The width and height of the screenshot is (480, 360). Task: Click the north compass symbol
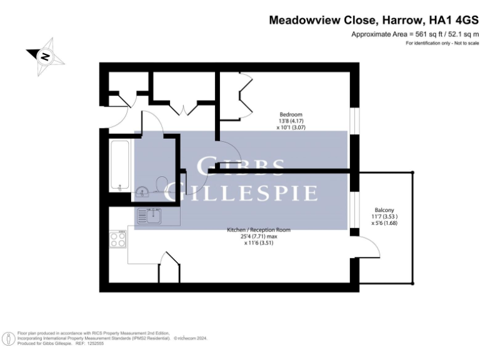click(45, 55)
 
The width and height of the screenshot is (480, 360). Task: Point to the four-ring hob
click(118, 240)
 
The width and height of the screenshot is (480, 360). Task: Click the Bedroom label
click(291, 114)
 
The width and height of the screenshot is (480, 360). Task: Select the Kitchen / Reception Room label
click(259, 230)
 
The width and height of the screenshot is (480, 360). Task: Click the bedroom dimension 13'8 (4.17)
click(291, 121)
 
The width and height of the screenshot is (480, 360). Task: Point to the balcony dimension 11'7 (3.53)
click(384, 216)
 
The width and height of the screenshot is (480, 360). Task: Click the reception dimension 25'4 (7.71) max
click(259, 237)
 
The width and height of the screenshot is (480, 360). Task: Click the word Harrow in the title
click(395, 19)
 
